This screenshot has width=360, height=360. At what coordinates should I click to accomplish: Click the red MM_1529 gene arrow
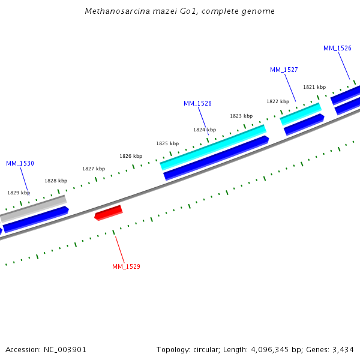coord(109,212)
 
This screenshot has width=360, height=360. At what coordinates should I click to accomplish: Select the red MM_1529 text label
coord(126,266)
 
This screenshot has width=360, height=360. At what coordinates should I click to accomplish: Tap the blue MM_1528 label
coord(197,104)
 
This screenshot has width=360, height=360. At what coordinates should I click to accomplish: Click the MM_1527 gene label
coord(284,70)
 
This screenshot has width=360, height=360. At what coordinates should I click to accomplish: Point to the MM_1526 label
coord(337,49)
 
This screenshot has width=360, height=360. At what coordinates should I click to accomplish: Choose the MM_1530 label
coord(20,163)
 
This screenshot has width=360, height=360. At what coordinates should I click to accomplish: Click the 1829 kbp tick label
coord(19,193)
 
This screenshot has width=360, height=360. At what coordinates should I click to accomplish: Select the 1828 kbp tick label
coord(56,181)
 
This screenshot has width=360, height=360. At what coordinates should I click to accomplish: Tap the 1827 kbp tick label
coord(94,169)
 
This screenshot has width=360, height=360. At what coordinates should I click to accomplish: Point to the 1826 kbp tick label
coord(131,156)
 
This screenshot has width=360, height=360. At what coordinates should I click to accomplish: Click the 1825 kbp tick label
coord(167,143)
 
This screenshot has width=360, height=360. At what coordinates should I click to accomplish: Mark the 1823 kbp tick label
coord(241,116)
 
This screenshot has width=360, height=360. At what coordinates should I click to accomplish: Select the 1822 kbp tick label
coord(278,101)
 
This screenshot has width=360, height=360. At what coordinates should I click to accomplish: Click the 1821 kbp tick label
coord(314,87)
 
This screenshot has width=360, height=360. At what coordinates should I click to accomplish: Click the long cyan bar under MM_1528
coord(213,148)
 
